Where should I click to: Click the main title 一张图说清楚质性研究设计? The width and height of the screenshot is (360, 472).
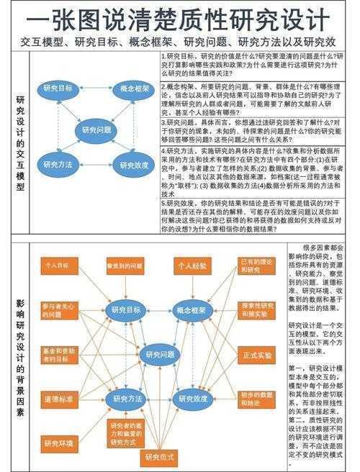pyautogui.click(x=180, y=17)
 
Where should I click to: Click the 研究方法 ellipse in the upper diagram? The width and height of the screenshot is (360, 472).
pyautogui.click(x=59, y=165)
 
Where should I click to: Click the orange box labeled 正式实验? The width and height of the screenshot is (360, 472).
pyautogui.click(x=258, y=355)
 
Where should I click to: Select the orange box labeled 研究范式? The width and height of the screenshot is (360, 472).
pyautogui.click(x=160, y=457)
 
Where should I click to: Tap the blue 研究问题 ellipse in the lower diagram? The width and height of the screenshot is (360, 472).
pyautogui.click(x=160, y=354)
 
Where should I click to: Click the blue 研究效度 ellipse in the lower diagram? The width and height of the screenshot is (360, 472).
pyautogui.click(x=192, y=398)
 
